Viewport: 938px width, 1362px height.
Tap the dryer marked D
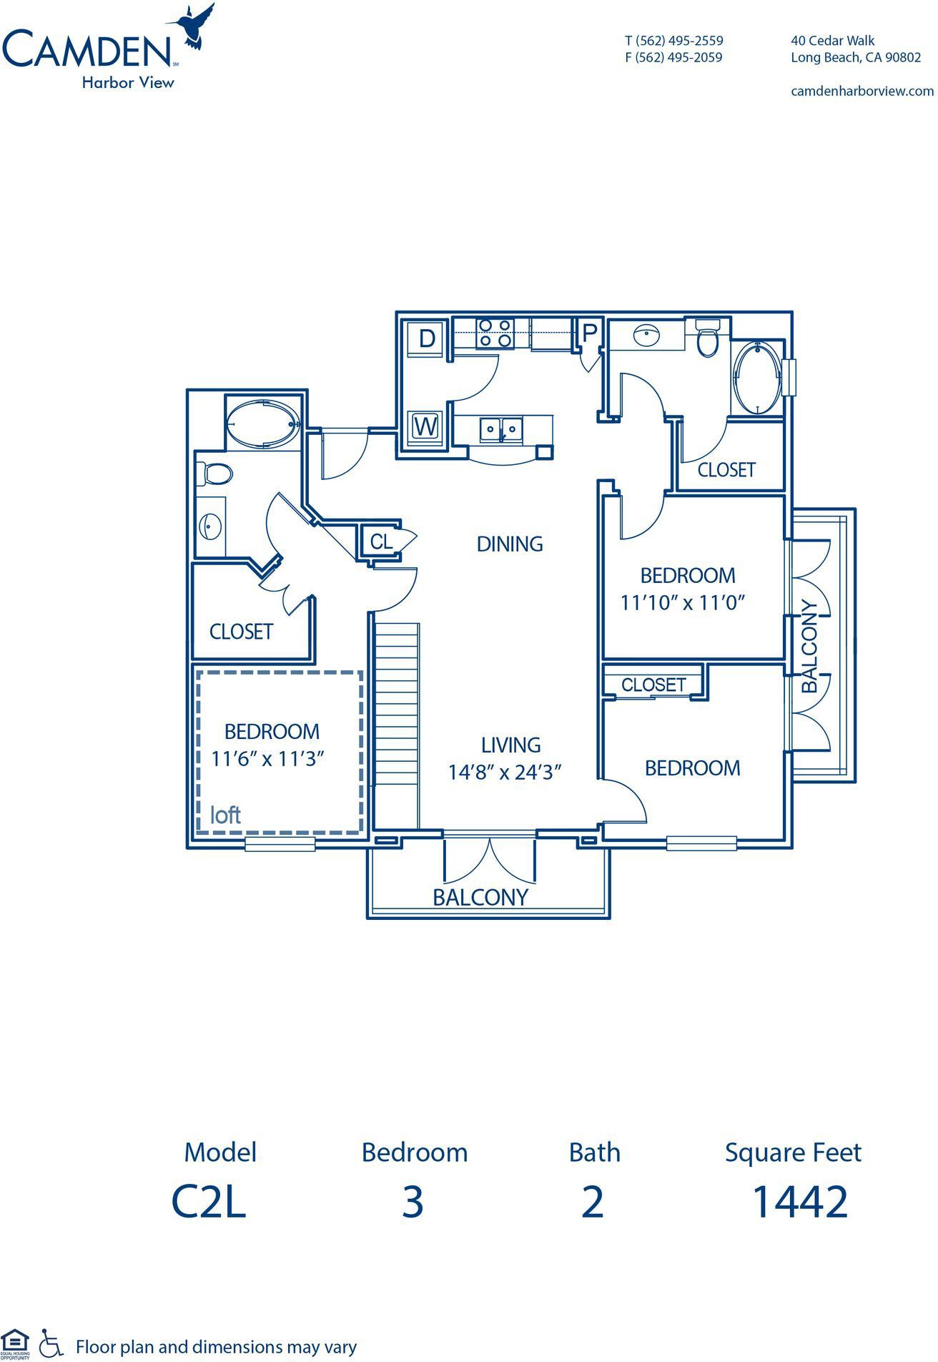427,338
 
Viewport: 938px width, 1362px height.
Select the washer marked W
426,428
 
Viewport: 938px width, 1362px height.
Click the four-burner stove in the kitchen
495,333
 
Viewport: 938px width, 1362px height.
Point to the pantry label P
590,333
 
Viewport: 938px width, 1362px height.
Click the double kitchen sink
501,429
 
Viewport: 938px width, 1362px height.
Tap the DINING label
510,544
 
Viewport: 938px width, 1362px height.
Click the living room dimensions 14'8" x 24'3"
505,773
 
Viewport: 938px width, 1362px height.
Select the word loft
225,815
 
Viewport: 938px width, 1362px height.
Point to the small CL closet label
382,542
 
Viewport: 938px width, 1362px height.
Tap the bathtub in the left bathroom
263,425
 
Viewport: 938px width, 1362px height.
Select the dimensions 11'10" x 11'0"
683,603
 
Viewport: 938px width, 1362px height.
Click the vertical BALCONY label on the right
809,645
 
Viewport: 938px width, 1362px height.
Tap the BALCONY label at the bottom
480,897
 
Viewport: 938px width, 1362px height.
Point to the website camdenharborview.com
862,91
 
